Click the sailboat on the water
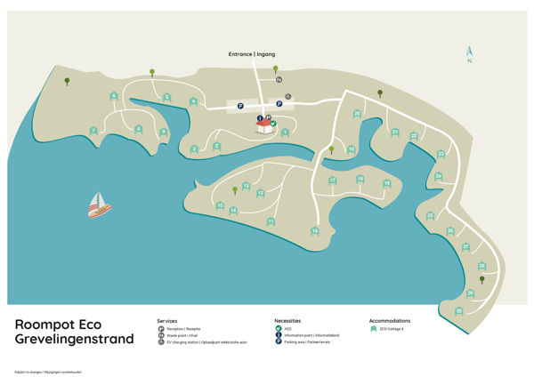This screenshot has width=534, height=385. coord(99,206)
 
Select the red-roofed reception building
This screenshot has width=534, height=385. coord(264,127)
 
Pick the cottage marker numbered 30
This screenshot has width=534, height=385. coord(459,310)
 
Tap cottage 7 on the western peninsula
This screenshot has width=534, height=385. coord(93,131)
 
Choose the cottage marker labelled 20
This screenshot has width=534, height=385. coord(357,113)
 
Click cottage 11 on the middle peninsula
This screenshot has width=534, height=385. coord(271,221)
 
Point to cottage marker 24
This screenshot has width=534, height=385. coord(438,176)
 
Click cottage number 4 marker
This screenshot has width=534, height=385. coord(194,101)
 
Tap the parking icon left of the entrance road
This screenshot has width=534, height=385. coord(240,106)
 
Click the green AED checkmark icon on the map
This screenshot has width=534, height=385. coord(273,124)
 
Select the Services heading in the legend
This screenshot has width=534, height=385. coord(167,320)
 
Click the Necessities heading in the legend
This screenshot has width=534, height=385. coord(287,320)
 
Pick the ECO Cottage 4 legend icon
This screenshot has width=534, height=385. coord(374,329)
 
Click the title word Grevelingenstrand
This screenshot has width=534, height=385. coord(74,340)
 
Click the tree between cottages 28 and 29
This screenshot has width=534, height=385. coord(482,279)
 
